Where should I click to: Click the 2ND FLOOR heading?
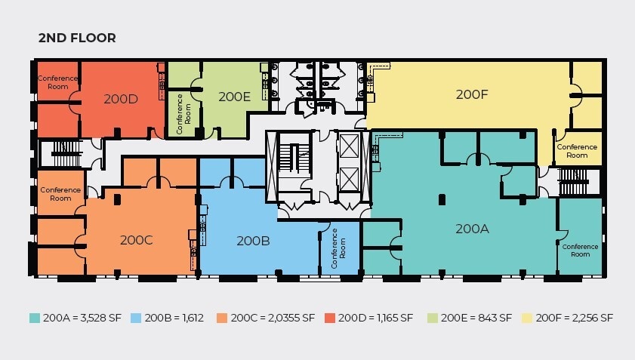[77, 38]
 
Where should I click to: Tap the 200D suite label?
[121, 99]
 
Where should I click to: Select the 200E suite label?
[235, 97]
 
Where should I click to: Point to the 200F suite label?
[472, 94]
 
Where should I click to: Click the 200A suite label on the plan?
[472, 229]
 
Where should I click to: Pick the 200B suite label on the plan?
[253, 241]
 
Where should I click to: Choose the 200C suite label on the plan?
[136, 240]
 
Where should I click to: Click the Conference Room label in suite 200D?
[57, 82]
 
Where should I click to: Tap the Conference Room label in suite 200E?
[183, 114]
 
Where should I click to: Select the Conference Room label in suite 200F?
[577, 151]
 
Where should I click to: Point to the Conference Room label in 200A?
[580, 251]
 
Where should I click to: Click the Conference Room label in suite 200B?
[338, 248]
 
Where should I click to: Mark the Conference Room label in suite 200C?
[60, 194]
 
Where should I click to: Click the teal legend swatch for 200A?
[35, 318]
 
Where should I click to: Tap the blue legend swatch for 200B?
[136, 318]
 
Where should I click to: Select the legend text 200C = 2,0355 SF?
[273, 318]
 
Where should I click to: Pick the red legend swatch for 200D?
[330, 318]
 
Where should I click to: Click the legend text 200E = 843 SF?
[476, 318]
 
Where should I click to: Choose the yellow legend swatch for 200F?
[526, 318]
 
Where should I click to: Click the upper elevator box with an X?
[349, 146]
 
